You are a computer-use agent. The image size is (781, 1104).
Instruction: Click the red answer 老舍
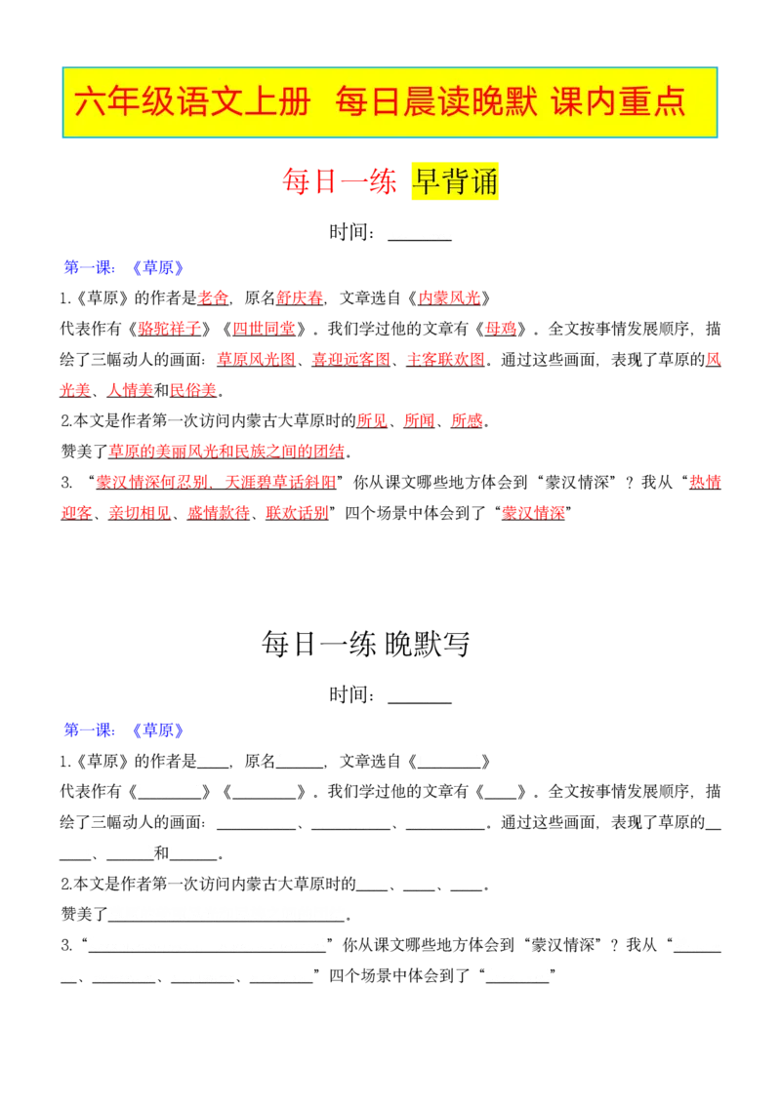tap(213, 298)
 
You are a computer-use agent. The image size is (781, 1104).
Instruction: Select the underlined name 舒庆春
tap(300, 298)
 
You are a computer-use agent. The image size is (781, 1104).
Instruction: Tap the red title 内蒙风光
tap(449, 298)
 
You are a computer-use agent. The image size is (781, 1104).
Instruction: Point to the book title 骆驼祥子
tap(170, 329)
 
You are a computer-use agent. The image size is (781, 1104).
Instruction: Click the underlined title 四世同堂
tap(265, 329)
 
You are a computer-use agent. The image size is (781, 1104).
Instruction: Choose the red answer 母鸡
tap(501, 329)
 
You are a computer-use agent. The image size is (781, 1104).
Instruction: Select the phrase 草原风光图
tap(256, 360)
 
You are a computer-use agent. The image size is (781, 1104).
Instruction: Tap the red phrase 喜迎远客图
tap(351, 360)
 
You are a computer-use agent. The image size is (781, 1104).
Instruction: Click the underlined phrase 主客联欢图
tap(445, 360)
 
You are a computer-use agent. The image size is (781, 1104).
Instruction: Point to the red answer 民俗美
tap(193, 390)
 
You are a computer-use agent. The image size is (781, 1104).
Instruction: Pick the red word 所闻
tap(420, 421)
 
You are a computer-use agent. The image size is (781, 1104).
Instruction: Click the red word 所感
tap(467, 421)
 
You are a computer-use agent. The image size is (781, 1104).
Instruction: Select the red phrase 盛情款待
tap(219, 513)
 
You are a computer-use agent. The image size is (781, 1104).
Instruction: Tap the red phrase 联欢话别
tap(297, 513)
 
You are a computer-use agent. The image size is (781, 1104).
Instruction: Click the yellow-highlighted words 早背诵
tap(455, 181)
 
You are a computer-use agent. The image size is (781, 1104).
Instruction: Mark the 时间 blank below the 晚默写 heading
tap(420, 702)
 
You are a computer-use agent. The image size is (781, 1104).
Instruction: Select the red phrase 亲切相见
tap(140, 513)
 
